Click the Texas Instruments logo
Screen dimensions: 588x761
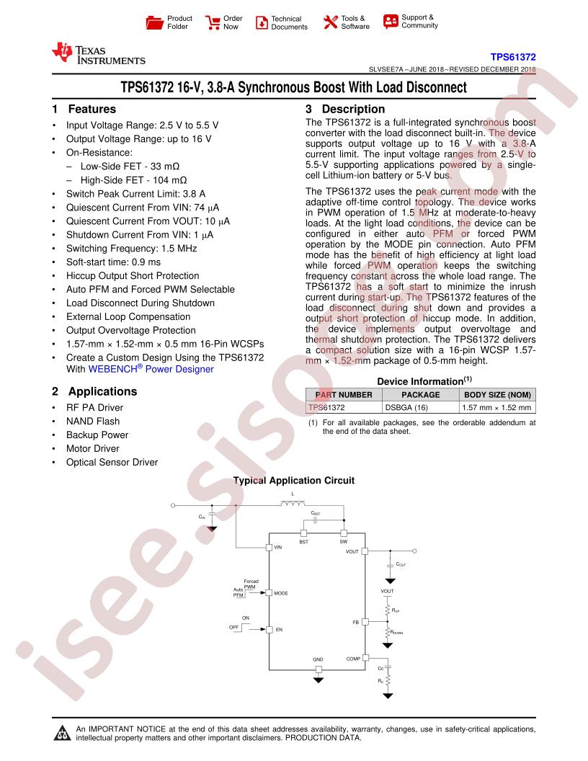coord(99,54)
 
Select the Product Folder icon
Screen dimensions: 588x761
coord(155,22)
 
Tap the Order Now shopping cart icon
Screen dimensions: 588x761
coord(213,22)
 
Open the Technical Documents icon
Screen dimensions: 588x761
coord(262,22)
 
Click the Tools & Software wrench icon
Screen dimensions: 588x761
coord(330,22)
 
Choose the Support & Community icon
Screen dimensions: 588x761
coord(391,22)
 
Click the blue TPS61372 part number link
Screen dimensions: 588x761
coord(513,57)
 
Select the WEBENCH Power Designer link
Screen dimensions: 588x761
coord(151,369)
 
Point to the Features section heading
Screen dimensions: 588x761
coord(92,110)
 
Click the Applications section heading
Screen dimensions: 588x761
coord(102,391)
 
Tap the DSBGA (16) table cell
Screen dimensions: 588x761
coord(406,408)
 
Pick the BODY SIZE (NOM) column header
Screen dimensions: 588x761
coord(497,395)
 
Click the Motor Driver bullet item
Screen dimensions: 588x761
coord(93,448)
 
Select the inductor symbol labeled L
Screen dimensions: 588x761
coord(293,503)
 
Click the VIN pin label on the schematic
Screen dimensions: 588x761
coord(278,548)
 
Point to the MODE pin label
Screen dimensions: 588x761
coord(281,593)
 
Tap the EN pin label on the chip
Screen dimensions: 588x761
coord(279,629)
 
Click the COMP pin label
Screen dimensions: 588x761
coord(353,659)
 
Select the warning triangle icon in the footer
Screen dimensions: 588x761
coord(62,733)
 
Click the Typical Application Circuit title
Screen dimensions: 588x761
coord(294,481)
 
